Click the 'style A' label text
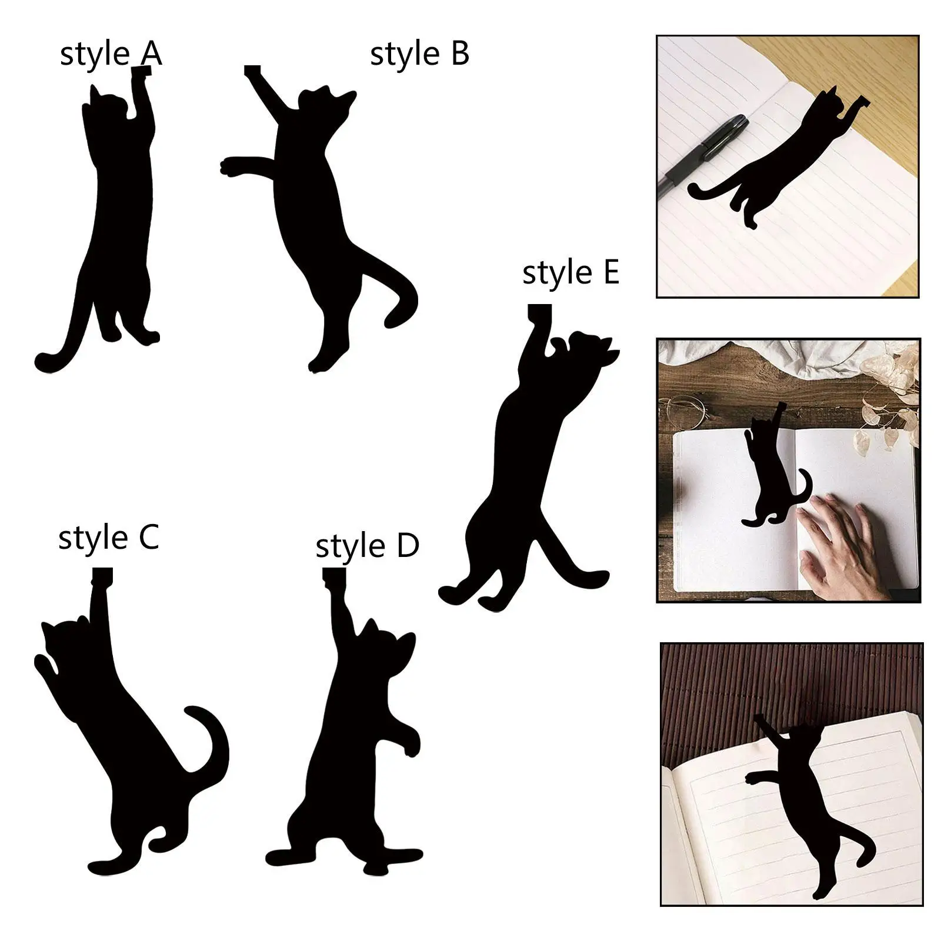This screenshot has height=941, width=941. point(111,55)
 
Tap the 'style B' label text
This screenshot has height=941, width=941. point(419,54)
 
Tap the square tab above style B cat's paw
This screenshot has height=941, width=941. point(252,71)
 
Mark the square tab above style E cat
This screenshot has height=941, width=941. point(539,312)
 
